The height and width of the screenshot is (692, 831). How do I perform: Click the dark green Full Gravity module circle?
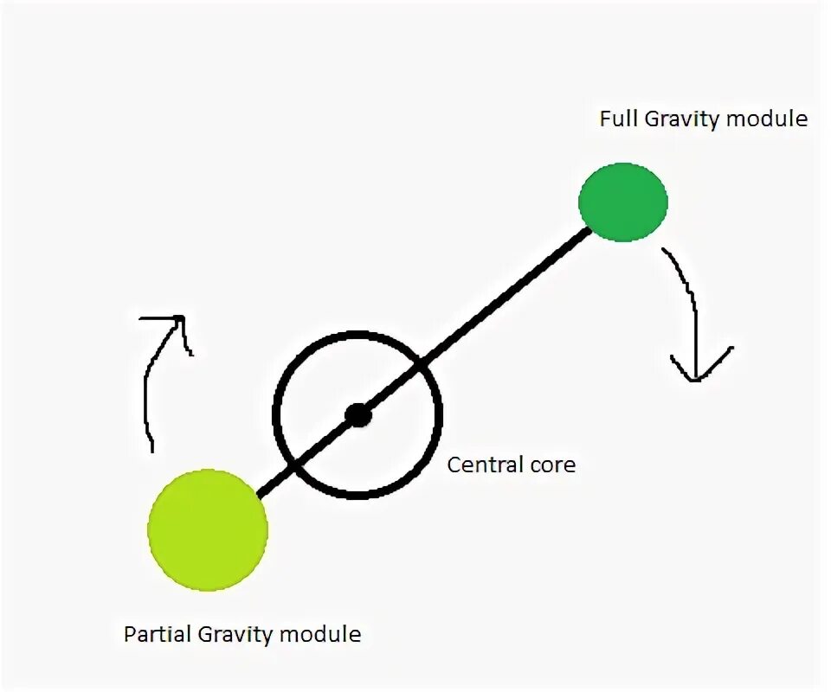click(x=623, y=202)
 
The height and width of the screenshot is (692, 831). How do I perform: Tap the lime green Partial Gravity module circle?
click(x=208, y=530)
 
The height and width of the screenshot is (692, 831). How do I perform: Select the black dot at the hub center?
click(x=358, y=415)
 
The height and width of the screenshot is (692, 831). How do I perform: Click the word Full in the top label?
click(x=619, y=119)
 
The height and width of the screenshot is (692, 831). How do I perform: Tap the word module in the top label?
click(x=766, y=119)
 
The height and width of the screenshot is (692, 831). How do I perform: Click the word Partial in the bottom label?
click(x=158, y=634)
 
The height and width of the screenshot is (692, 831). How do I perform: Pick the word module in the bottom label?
click(x=319, y=634)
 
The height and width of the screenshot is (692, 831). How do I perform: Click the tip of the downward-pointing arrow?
click(x=695, y=381)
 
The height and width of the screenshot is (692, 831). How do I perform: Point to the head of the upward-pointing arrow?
click(x=181, y=318)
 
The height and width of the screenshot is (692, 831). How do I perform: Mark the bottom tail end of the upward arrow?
click(x=152, y=451)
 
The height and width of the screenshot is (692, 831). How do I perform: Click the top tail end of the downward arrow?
click(x=664, y=250)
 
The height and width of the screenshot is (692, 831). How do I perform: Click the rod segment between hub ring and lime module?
click(x=277, y=480)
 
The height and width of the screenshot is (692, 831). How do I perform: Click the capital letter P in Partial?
click(x=130, y=634)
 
